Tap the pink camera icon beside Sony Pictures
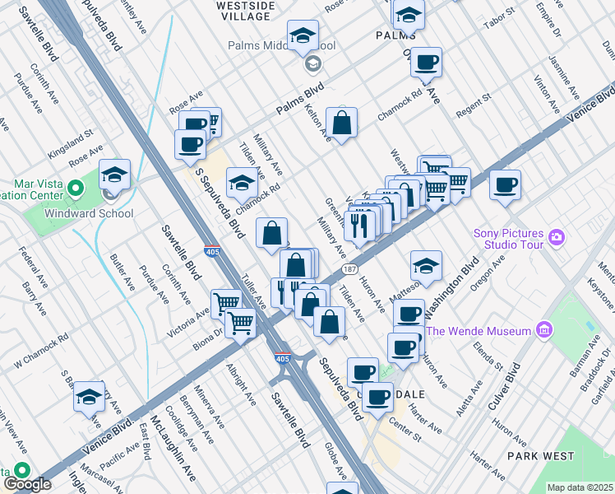[x=558, y=238]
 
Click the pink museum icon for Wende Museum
[x=543, y=331]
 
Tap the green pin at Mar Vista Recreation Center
[x=76, y=189]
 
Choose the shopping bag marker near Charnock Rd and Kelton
[x=341, y=123]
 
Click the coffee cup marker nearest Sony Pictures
[x=505, y=184]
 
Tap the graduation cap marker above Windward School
[x=114, y=175]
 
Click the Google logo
[x=27, y=485]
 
